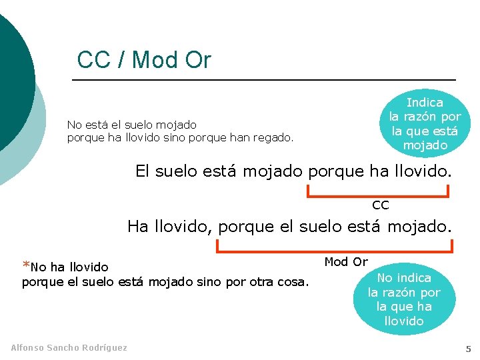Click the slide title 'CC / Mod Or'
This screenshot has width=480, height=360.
144,60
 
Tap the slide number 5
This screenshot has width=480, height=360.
468,349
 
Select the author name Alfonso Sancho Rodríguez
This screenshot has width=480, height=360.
69,347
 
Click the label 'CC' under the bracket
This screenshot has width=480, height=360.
380,205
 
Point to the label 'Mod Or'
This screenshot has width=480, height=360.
346,262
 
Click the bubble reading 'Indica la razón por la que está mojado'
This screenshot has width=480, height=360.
425,123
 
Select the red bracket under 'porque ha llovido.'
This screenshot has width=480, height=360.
377,194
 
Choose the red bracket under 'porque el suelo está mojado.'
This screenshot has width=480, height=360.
335,248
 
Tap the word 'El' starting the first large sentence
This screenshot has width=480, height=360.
143,171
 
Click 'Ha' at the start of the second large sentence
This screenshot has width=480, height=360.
138,227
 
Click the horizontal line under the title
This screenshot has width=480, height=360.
263,80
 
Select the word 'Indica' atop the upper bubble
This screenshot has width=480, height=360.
425,103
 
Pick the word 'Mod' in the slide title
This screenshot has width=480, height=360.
155,60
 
